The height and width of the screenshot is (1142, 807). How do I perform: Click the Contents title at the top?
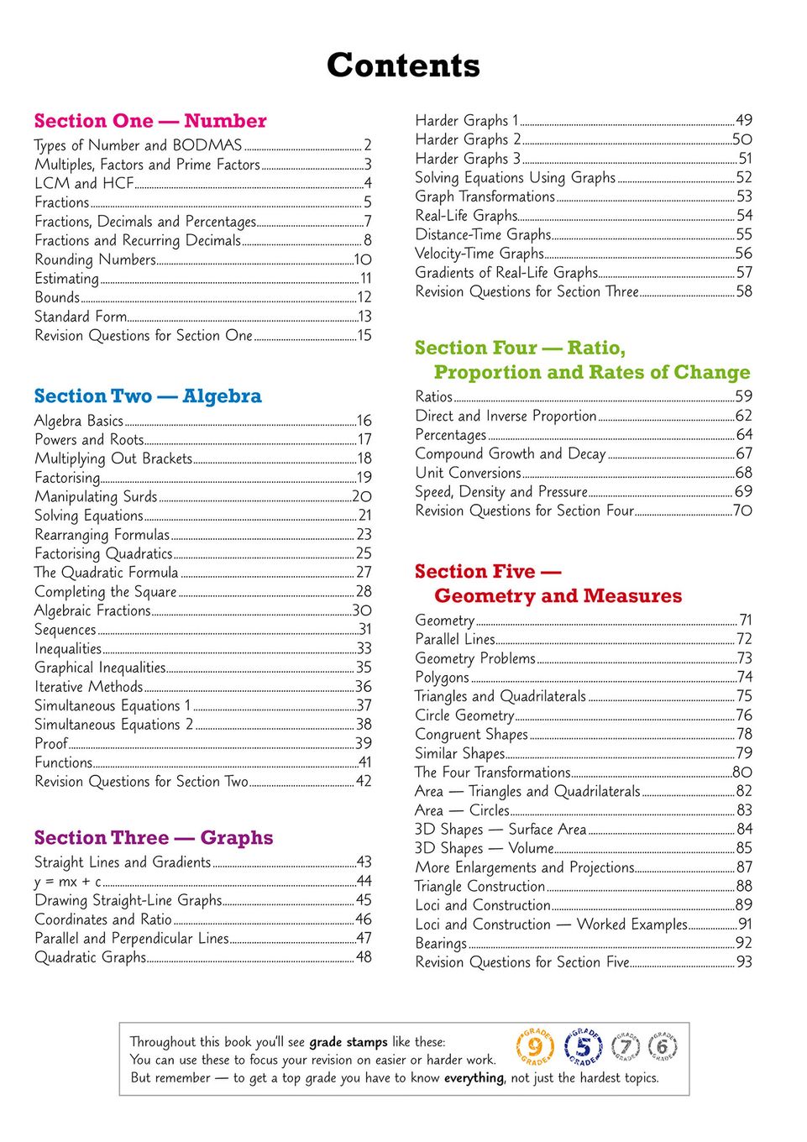403,65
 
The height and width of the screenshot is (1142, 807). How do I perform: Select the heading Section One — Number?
150,121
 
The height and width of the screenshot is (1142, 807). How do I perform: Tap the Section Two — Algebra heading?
148,396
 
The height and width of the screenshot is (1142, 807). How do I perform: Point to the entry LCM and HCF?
84,183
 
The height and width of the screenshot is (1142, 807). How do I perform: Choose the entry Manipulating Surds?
96,496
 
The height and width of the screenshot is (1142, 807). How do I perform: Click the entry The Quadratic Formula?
106,573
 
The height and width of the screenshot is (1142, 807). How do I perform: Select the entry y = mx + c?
68,882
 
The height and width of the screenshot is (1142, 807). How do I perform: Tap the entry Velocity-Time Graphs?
479,254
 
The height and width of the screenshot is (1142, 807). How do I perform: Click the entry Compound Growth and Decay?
510,453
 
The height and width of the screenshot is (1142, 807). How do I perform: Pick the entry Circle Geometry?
464,715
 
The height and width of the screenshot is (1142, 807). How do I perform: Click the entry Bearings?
441,943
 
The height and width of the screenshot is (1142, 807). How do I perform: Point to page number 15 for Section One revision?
364,336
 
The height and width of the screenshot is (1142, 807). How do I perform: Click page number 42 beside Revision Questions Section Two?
364,782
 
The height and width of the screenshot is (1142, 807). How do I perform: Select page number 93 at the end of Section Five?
744,962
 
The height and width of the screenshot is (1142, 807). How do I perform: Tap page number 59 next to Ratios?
744,396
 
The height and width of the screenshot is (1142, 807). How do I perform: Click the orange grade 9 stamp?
535,1048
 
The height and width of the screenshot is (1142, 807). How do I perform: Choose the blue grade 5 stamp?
584,1047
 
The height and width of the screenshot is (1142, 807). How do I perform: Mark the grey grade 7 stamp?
626,1047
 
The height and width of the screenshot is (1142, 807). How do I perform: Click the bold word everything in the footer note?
474,1078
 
